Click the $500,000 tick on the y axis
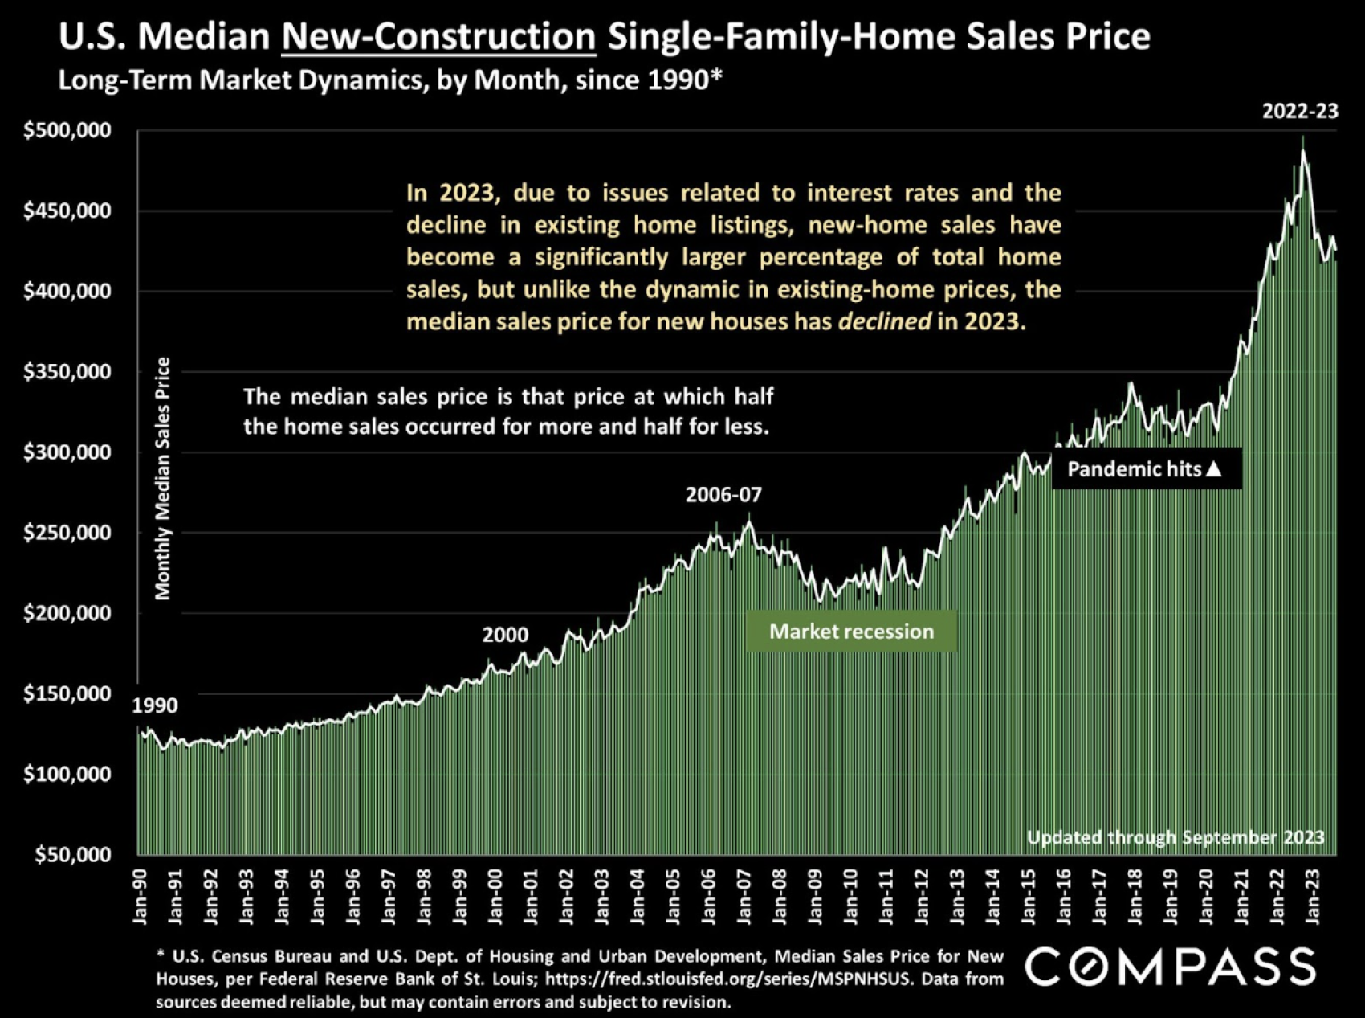tap(67, 131)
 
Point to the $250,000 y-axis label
tap(67, 533)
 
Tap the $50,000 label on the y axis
tap(72, 854)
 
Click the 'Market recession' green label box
tap(851, 632)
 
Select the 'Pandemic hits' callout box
tap(1146, 469)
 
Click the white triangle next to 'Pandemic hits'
tap(1213, 468)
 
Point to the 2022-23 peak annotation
tap(1300, 111)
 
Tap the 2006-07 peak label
tap(723, 495)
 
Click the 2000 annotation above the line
tap(505, 635)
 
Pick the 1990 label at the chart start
tap(154, 706)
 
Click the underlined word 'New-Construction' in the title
tap(438, 37)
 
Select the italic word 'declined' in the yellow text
tap(885, 322)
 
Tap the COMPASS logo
tap(1170, 967)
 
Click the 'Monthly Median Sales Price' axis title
tap(163, 479)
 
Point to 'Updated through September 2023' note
tap(1176, 838)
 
